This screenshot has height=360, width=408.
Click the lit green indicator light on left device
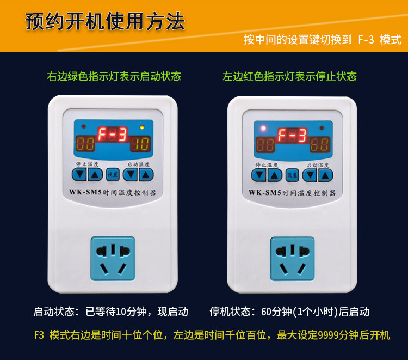(x=142, y=127)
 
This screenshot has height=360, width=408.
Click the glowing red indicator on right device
(x=263, y=128)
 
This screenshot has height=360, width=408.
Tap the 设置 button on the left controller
(x=113, y=174)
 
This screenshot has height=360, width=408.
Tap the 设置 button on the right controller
(x=292, y=175)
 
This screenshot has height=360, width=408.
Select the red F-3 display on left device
(x=113, y=135)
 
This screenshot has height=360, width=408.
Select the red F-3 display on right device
(x=292, y=135)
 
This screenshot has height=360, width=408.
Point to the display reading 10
(x=140, y=144)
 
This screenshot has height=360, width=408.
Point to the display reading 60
(x=320, y=144)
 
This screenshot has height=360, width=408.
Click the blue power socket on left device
(x=113, y=258)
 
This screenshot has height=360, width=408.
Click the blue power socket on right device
(x=292, y=259)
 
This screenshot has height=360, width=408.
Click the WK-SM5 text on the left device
(x=85, y=192)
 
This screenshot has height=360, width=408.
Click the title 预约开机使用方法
(x=105, y=21)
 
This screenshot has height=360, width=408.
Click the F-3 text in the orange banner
(x=366, y=40)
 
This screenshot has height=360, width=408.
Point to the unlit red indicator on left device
(x=84, y=127)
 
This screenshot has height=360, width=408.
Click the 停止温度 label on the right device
(x=267, y=164)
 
